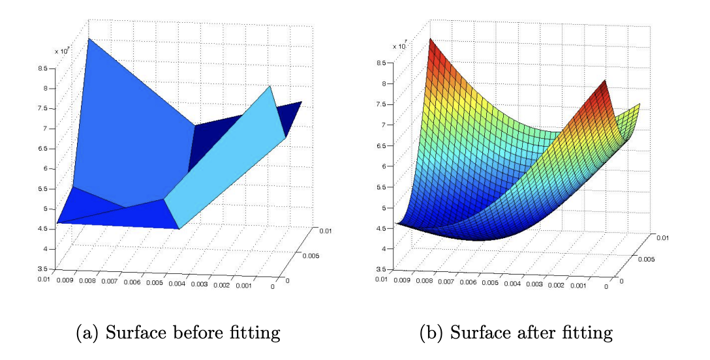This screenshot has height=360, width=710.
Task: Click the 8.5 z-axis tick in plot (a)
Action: (44, 67)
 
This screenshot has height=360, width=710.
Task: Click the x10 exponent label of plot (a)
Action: (63, 50)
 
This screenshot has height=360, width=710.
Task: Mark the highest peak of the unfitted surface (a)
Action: (89, 39)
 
